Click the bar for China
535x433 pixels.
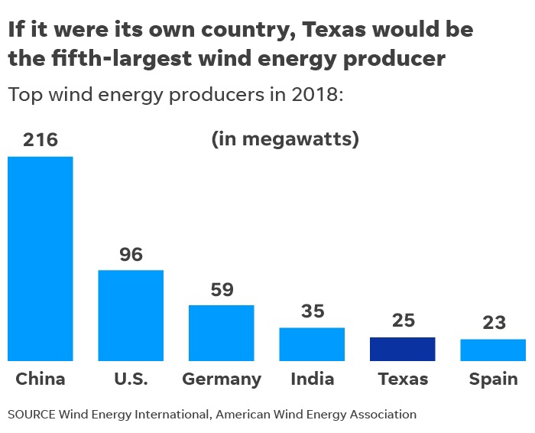pyautogui.click(x=40, y=259)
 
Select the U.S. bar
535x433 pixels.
pyautogui.click(x=131, y=315)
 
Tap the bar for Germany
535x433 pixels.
pyautogui.click(x=222, y=333)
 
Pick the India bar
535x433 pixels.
pyautogui.click(x=312, y=344)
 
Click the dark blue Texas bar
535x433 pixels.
pyautogui.click(x=402, y=349)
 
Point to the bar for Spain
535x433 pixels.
pyautogui.click(x=493, y=350)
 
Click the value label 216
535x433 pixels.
pyautogui.click(x=41, y=141)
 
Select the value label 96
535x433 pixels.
pyautogui.click(x=131, y=255)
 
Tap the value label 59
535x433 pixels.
pyautogui.click(x=222, y=290)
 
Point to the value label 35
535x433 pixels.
pyautogui.click(x=312, y=311)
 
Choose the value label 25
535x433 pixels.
pyautogui.click(x=403, y=321)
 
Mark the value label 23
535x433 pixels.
pyautogui.click(x=494, y=323)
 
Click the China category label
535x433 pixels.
pyautogui.click(x=41, y=379)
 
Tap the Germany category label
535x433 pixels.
pyautogui.click(x=222, y=379)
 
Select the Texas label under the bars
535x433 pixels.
pyautogui.click(x=403, y=379)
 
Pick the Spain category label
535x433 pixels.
pyautogui.click(x=494, y=379)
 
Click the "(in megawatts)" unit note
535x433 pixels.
pyautogui.click(x=284, y=140)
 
